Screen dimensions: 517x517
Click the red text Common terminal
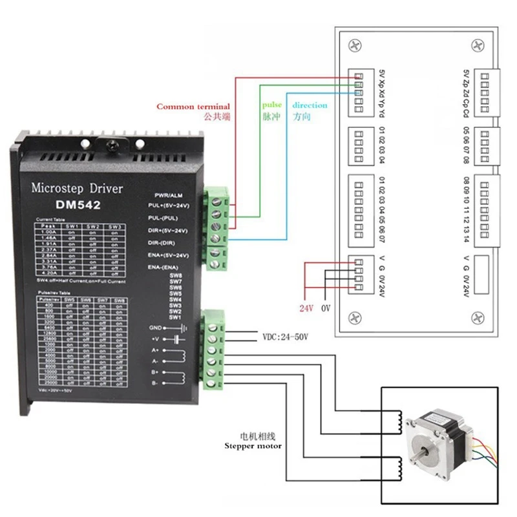click(x=193, y=107)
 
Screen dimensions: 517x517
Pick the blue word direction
click(x=310, y=105)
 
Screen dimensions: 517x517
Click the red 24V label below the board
click(x=306, y=308)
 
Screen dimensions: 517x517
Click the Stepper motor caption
click(x=253, y=445)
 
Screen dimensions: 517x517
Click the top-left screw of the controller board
click(x=353, y=46)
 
